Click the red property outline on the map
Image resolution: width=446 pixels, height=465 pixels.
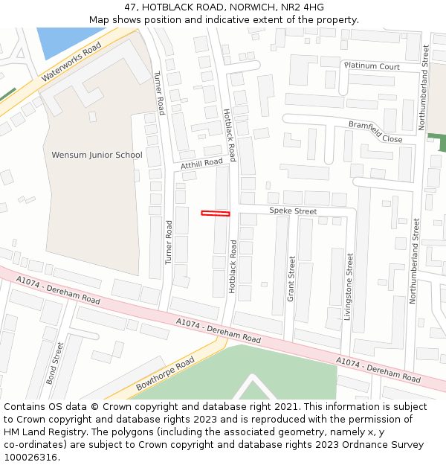pyautogui.click(x=216, y=214)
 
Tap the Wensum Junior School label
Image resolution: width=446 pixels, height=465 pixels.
pyautogui.click(x=97, y=155)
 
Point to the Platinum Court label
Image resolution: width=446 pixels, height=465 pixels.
pyautogui.click(x=372, y=66)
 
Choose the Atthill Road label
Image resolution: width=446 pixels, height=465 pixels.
pyautogui.click(x=201, y=163)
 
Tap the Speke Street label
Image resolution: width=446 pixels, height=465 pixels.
pyautogui.click(x=293, y=211)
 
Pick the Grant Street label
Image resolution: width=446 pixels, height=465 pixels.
pyautogui.click(x=291, y=279)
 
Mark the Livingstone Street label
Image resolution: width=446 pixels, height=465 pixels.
pyautogui.click(x=349, y=286)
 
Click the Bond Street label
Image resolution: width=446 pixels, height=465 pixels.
pyautogui.click(x=55, y=363)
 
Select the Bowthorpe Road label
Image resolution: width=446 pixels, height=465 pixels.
pyautogui.click(x=165, y=374)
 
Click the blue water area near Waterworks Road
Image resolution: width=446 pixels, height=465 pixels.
pyautogui.click(x=60, y=41)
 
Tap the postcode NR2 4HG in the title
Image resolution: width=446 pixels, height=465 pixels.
pyautogui.click(x=304, y=7)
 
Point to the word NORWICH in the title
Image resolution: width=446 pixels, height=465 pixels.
pyautogui.click(x=251, y=7)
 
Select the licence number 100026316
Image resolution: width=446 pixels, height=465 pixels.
pyautogui.click(x=32, y=458)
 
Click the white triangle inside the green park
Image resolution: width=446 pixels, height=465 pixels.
pyautogui.click(x=253, y=389)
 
